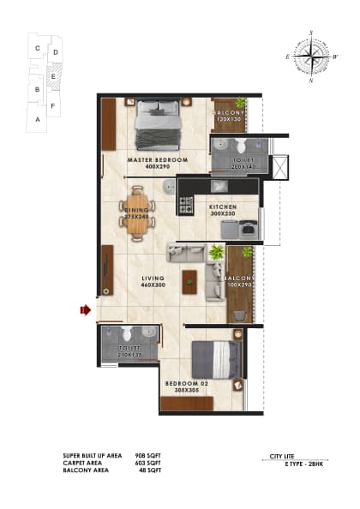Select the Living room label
coord(153,278)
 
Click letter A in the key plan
coord(37,120)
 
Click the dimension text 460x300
coord(153,284)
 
